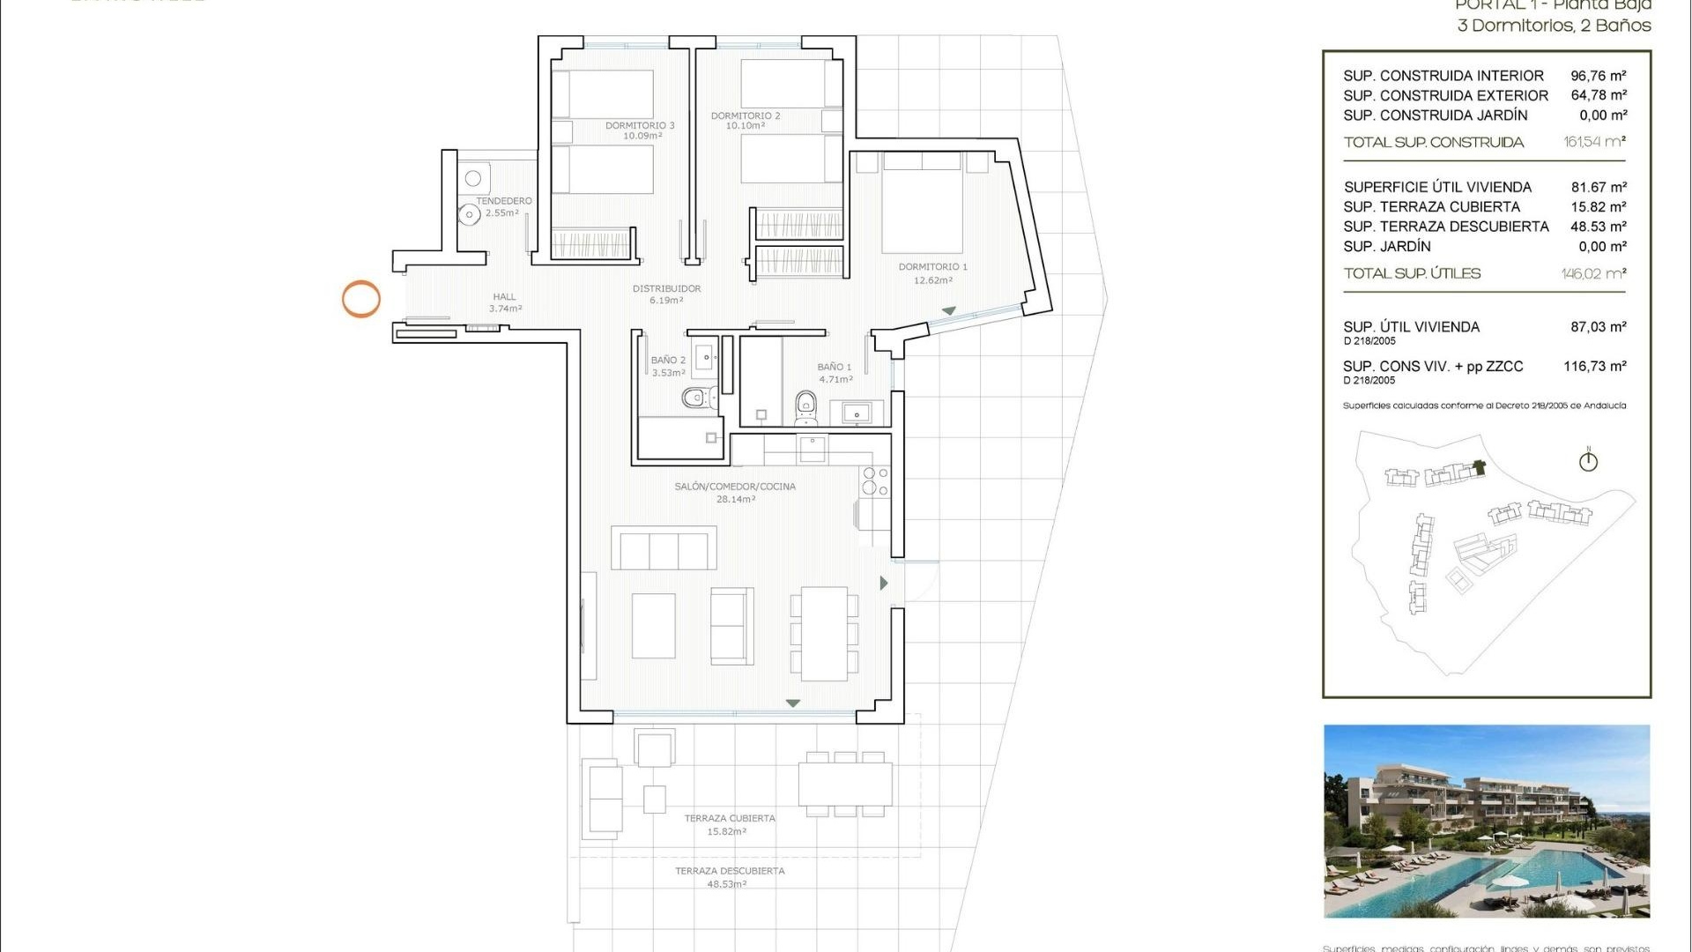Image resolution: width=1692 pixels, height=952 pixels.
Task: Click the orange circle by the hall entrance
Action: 361,299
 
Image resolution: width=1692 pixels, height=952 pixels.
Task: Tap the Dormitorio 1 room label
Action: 932,272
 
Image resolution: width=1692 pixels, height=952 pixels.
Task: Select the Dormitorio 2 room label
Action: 746,121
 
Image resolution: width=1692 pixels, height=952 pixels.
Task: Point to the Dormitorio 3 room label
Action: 640,130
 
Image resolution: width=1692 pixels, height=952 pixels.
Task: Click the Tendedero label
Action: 503,206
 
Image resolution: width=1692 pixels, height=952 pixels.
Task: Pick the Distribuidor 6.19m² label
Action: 666,294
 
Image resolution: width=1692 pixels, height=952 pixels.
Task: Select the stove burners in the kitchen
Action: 875,481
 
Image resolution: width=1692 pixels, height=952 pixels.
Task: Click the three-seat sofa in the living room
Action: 664,548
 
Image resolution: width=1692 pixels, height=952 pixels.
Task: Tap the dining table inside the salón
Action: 824,633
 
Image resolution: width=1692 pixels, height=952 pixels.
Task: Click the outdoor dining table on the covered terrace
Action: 845,784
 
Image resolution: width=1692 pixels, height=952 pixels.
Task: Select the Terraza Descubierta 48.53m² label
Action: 729,877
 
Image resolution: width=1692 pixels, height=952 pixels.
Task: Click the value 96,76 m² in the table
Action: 1598,76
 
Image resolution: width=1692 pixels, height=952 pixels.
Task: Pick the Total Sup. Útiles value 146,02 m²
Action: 1593,273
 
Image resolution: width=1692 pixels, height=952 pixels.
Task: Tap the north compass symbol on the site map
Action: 1588,460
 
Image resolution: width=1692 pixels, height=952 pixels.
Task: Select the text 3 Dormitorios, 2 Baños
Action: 1554,26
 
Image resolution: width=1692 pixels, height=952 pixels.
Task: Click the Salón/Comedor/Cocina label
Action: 735,492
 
